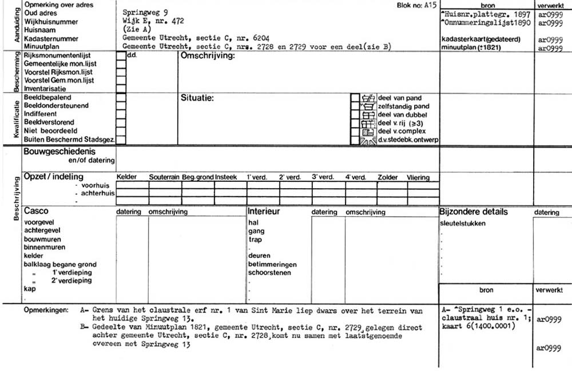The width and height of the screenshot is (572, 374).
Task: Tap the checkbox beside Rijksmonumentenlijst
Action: point(121,56)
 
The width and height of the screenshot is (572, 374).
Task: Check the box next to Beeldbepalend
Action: point(121,98)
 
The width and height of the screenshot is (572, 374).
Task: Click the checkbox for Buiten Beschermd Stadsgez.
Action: point(121,139)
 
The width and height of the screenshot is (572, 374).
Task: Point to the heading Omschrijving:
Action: point(207,56)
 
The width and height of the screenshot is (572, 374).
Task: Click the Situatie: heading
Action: point(197,98)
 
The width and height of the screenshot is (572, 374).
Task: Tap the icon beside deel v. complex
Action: point(367,132)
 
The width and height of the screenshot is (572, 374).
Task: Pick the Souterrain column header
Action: point(165,177)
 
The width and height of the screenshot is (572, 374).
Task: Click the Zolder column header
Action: point(388,177)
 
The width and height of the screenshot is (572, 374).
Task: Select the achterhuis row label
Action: point(98,193)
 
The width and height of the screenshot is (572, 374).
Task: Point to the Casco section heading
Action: point(36,212)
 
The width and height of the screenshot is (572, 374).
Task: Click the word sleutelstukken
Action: point(462,223)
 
